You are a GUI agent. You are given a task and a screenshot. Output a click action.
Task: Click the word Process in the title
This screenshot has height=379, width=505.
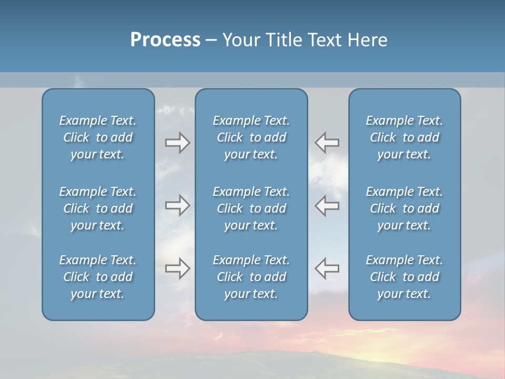click(165, 40)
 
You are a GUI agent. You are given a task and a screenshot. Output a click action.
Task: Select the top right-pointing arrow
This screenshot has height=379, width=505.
click(177, 143)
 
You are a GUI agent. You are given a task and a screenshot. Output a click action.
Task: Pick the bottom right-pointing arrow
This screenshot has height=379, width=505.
click(177, 268)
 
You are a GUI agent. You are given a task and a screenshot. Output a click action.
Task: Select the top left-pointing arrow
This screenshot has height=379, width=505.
click(327, 142)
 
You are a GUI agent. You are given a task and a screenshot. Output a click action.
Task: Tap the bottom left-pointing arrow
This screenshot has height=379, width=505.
click(327, 268)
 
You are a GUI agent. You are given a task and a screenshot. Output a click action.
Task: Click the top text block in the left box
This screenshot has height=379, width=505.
click(98, 137)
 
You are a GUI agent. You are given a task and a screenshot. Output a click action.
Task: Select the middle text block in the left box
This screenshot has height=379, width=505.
click(98, 208)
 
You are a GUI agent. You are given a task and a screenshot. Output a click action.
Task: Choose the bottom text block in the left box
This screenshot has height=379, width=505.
click(98, 277)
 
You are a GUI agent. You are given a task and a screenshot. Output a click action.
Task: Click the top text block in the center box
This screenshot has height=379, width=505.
click(251, 137)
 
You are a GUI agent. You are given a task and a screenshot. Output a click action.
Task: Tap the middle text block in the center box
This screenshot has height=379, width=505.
click(251, 208)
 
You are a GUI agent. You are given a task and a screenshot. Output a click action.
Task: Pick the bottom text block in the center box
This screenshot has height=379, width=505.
click(251, 277)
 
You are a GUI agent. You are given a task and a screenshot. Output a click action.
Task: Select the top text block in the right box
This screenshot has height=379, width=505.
click(404, 137)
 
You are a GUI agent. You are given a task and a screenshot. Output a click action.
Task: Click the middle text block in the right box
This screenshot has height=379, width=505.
click(404, 208)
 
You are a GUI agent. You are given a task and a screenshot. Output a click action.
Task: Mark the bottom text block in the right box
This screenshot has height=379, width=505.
click(404, 277)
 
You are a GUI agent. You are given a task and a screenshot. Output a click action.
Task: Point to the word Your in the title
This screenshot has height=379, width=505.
click(241, 40)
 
